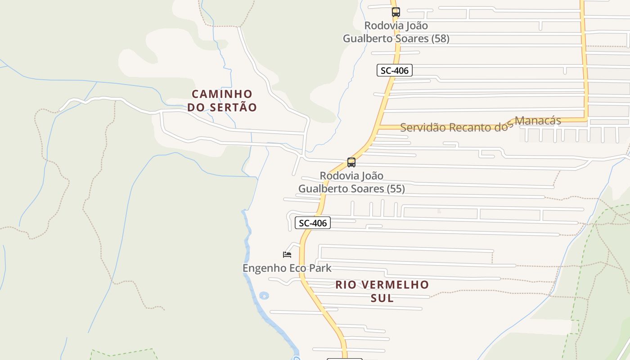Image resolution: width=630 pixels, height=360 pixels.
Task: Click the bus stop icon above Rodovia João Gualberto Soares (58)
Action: (396, 12)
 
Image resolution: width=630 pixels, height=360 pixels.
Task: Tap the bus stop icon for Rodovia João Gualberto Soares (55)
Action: (351, 162)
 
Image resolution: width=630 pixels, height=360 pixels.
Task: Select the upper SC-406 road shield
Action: (394, 70)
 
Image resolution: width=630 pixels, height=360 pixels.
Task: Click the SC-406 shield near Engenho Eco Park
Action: (312, 223)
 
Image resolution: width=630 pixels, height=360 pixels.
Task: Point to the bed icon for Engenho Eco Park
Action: (287, 255)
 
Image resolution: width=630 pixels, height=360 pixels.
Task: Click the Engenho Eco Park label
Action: (287, 268)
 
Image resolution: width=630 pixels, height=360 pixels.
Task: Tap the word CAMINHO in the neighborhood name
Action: (222, 94)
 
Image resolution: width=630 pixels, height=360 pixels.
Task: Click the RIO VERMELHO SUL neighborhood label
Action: (382, 291)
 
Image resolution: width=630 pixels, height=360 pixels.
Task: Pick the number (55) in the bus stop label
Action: (396, 189)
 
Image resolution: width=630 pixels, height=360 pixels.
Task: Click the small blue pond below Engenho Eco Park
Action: (264, 296)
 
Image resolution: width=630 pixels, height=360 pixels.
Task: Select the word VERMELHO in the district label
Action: (394, 285)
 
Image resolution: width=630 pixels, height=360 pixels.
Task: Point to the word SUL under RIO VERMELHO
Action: (382, 298)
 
